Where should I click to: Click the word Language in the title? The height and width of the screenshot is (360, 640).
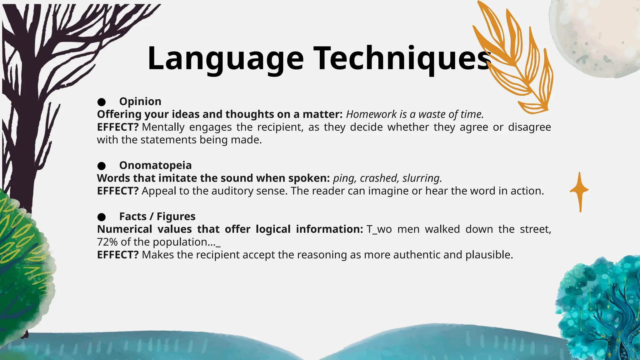[225, 59]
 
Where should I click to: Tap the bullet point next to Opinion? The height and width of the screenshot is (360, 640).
[101, 102]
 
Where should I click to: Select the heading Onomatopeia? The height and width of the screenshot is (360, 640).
[155, 165]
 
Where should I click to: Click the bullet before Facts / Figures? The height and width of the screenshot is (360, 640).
[101, 217]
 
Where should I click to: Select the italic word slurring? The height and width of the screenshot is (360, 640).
[422, 178]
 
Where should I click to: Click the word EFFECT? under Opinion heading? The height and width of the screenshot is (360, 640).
[117, 127]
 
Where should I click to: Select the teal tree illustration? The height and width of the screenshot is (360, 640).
[600, 309]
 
